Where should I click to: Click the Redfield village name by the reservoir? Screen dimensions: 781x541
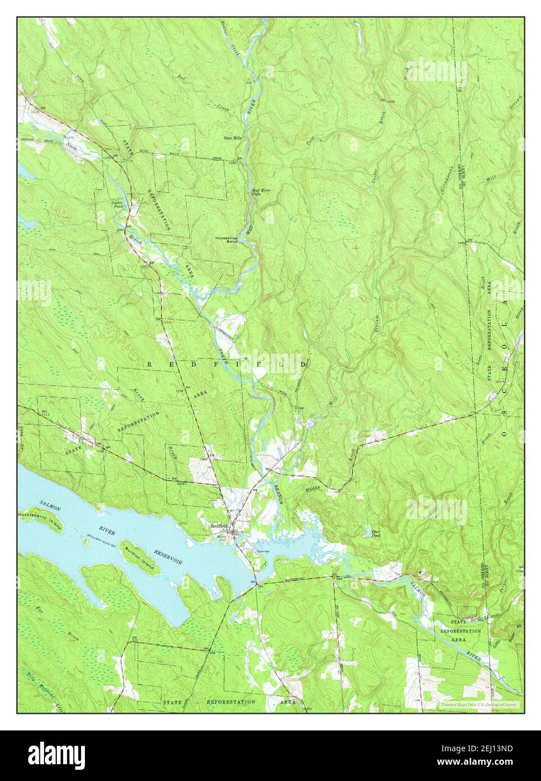218,526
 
